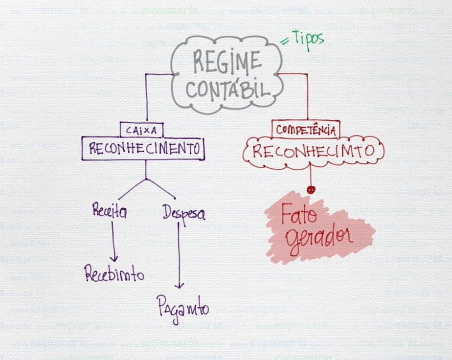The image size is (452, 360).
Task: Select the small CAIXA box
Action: click(141, 130)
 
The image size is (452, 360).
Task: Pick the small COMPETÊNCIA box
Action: click(306, 130)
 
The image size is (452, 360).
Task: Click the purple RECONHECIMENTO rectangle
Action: click(143, 149)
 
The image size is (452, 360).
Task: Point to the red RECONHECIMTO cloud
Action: click(313, 151)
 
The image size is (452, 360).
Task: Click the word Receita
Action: click(110, 212)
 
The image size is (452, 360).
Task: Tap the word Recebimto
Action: click(114, 274)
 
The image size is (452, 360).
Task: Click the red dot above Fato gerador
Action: click(310, 189)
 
